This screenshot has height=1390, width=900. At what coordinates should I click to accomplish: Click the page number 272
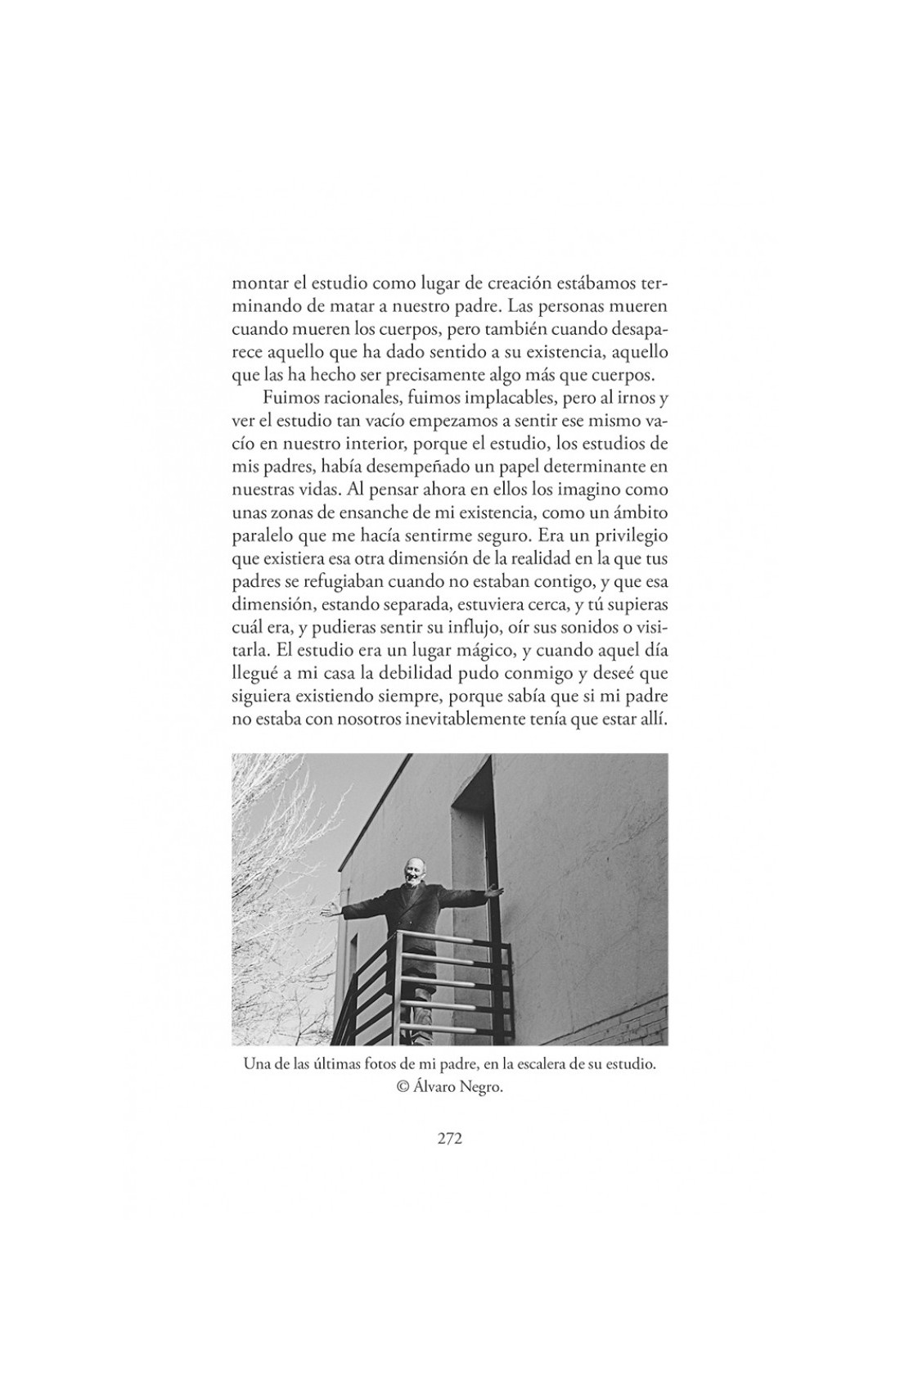[x=449, y=1138]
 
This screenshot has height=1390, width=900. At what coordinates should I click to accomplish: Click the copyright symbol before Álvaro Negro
[x=402, y=1087]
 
